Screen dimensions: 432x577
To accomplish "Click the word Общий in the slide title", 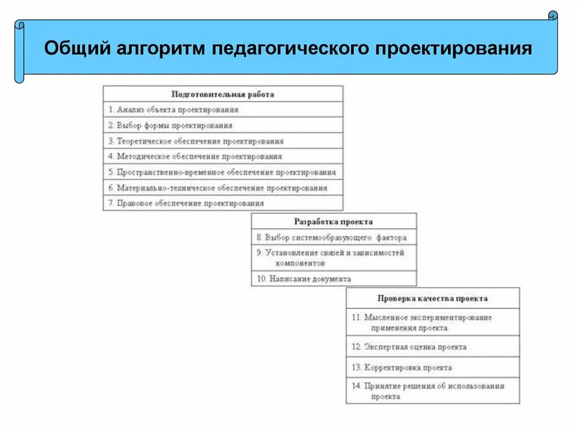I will click(77, 48).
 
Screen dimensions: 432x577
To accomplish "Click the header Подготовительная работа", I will click(223, 94).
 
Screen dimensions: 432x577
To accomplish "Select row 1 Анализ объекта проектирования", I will click(174, 110).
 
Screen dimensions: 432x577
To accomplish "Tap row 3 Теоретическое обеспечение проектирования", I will click(196, 141).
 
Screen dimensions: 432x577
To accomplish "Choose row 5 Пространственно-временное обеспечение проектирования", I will click(222, 172).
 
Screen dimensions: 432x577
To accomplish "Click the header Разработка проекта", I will click(334, 222).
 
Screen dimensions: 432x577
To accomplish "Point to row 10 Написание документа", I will click(304, 279).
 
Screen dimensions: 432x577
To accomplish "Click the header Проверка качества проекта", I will click(433, 299).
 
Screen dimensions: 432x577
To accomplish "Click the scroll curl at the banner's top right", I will click(553, 16).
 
